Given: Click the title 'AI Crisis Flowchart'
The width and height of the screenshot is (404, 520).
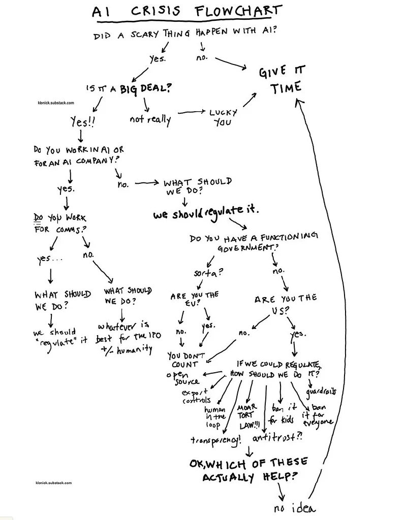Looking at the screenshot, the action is tap(187, 11).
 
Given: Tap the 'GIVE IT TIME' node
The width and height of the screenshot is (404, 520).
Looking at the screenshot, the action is tap(282, 80).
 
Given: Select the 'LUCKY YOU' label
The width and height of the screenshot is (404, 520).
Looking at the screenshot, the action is tap(223, 117).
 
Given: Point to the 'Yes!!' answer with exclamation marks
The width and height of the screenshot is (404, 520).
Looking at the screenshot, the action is tap(83, 122).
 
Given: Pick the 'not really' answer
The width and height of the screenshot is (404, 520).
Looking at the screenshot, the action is tap(150, 119).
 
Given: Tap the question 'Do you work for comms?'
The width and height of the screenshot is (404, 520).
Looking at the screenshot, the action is tap(60, 223).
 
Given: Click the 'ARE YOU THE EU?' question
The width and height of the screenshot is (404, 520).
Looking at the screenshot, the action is tap(195, 299).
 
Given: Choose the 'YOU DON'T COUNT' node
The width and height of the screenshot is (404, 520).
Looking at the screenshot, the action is tap(185, 360).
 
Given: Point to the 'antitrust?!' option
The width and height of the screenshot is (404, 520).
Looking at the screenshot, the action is tap(277, 438).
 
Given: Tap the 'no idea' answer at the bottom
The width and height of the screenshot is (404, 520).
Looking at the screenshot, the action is tap(295, 508).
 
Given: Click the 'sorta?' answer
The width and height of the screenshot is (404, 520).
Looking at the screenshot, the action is tap(208, 273).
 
